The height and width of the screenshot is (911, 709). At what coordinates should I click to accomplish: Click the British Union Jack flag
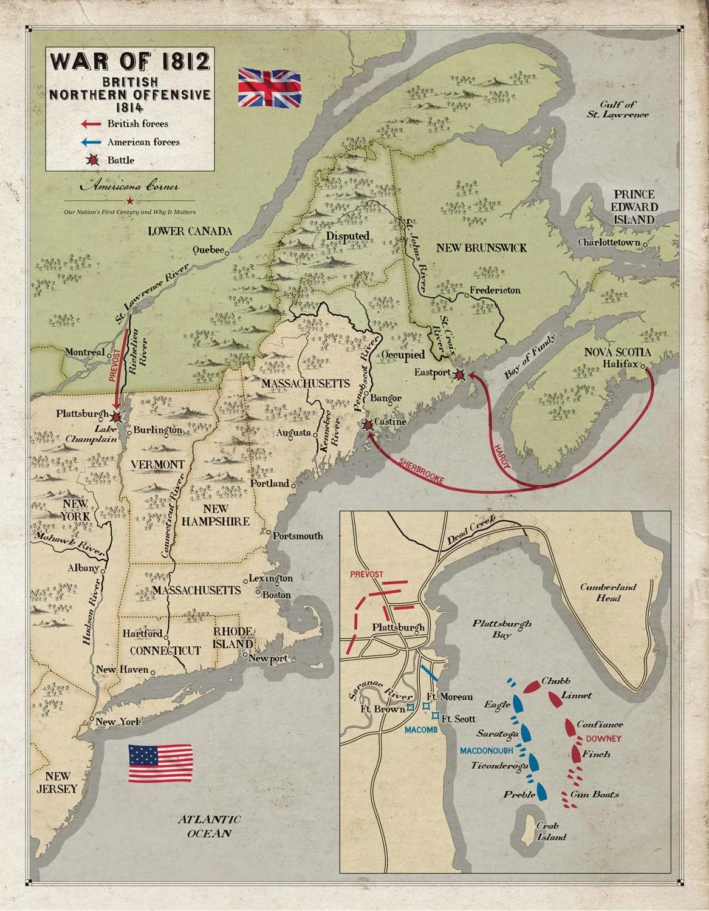[x=270, y=88]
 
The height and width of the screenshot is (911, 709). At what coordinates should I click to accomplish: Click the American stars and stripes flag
[x=160, y=763]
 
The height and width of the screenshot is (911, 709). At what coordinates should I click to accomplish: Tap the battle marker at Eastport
[x=461, y=375]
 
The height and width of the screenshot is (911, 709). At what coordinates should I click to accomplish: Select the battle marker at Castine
[x=367, y=425]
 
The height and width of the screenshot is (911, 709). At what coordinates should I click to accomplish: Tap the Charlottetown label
[x=609, y=242]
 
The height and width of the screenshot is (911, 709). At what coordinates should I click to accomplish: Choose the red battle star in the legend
[x=94, y=160]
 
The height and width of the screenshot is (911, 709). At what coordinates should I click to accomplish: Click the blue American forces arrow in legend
[x=92, y=142]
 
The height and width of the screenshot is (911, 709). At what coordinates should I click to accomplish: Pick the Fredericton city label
[x=496, y=290]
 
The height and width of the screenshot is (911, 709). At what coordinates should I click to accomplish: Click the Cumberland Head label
[x=608, y=592]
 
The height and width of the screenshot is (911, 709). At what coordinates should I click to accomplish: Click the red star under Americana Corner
[x=129, y=200]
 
